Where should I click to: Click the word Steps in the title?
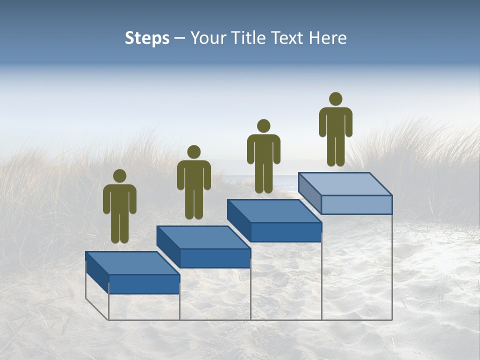147,38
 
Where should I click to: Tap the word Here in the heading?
327,38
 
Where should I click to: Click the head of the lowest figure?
119,175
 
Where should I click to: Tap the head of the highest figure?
335,99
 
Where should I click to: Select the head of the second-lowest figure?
193,152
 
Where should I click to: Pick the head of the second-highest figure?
263,126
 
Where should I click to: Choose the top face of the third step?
274,211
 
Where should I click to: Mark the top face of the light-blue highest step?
345,184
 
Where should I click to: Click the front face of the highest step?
356,204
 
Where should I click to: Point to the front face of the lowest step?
144,284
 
